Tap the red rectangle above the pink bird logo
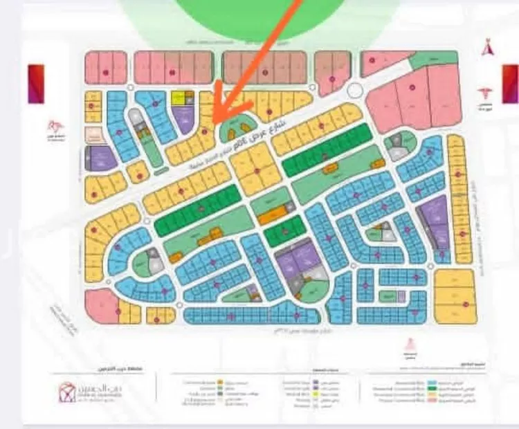[35, 84]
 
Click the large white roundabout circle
[354, 90]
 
